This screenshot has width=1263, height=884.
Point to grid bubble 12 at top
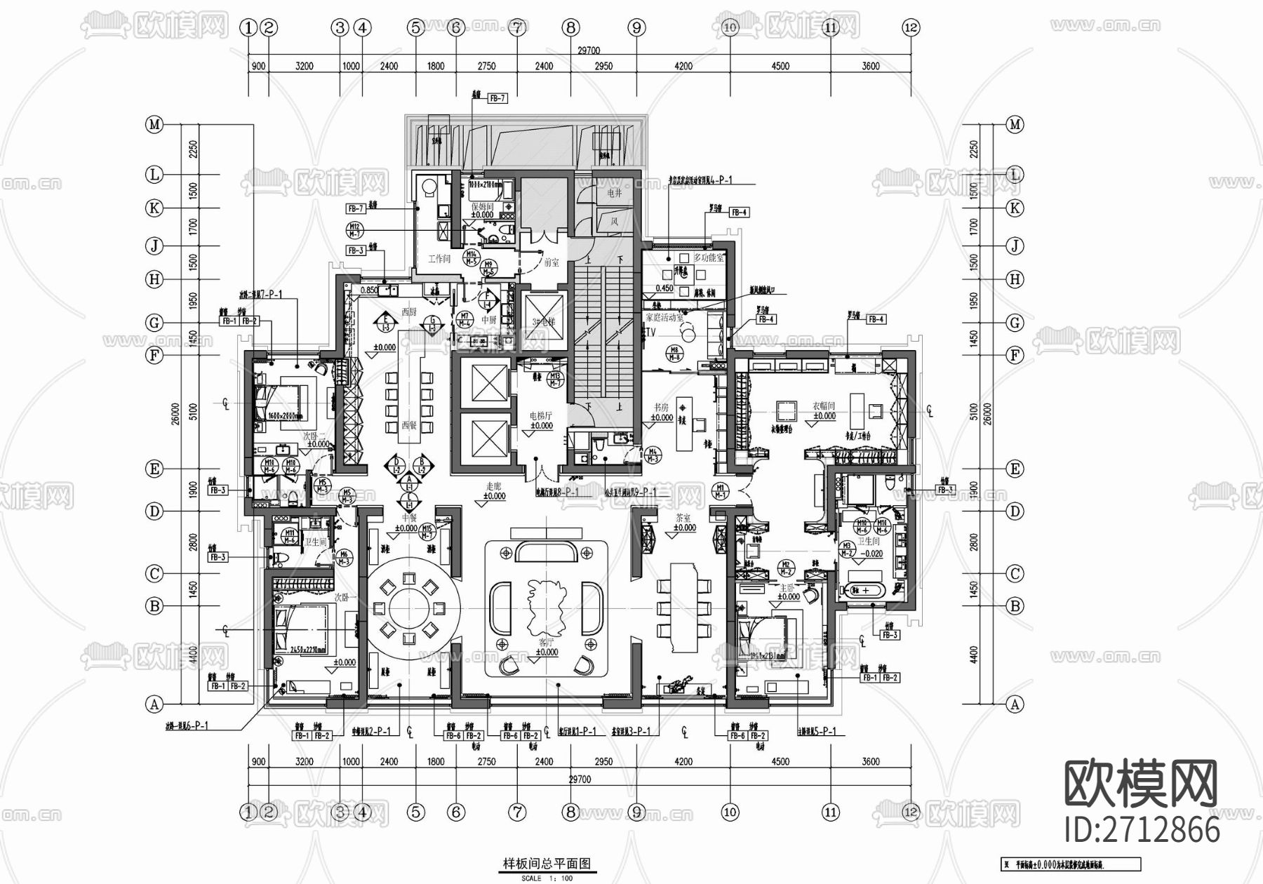911,28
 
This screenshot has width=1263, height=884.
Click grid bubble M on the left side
154,125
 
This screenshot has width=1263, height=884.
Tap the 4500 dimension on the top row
780,66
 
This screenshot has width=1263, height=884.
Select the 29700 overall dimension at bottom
580,779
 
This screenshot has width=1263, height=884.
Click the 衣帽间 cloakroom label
824,406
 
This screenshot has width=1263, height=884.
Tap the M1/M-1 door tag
720,491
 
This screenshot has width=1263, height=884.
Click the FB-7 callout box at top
497,99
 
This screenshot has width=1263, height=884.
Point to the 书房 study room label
661,407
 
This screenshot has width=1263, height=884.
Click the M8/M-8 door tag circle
675,353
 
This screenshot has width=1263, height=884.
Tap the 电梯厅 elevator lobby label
541,415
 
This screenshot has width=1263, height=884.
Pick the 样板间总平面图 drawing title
547,864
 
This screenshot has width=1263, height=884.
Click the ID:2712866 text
1142,830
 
